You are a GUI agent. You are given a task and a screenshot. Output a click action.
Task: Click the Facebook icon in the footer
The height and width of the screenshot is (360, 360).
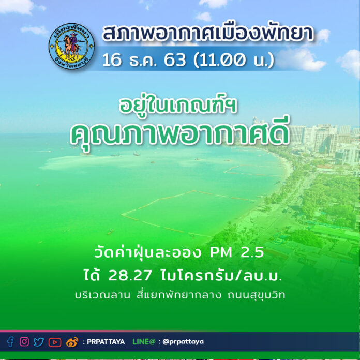tap(10, 342)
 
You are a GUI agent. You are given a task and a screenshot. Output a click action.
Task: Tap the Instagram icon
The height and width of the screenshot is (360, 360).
tap(24, 341)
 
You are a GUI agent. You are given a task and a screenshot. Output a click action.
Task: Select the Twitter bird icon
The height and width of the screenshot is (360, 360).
tap(39, 342)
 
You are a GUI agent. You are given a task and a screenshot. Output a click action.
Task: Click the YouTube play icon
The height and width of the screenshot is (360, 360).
tap(55, 342)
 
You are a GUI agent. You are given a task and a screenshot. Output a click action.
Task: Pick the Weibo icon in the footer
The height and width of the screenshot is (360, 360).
tap(72, 342)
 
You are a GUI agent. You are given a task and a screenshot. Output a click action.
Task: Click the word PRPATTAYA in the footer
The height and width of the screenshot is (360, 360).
tap(106, 342)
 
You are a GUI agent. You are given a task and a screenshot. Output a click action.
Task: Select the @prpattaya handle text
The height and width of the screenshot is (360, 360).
tap(183, 342)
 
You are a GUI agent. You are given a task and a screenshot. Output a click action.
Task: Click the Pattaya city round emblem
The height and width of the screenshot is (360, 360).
tap(71, 46)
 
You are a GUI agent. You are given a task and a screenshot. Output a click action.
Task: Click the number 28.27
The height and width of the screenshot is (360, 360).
tap(130, 275)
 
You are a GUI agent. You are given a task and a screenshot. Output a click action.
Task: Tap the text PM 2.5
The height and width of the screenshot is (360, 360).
tap(237, 252)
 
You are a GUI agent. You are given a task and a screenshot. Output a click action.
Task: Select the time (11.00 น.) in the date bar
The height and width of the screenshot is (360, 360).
tap(234, 60)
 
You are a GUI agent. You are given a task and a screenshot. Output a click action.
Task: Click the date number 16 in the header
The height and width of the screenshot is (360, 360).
tap(112, 60)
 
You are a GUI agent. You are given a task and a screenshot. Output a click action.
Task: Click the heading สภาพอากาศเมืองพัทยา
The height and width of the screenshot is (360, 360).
tap(208, 34)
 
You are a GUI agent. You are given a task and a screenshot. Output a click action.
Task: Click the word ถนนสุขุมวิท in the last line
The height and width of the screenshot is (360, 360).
tap(256, 295)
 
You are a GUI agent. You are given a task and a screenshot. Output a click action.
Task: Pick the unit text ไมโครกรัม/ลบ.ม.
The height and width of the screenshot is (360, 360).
tap(221, 276)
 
